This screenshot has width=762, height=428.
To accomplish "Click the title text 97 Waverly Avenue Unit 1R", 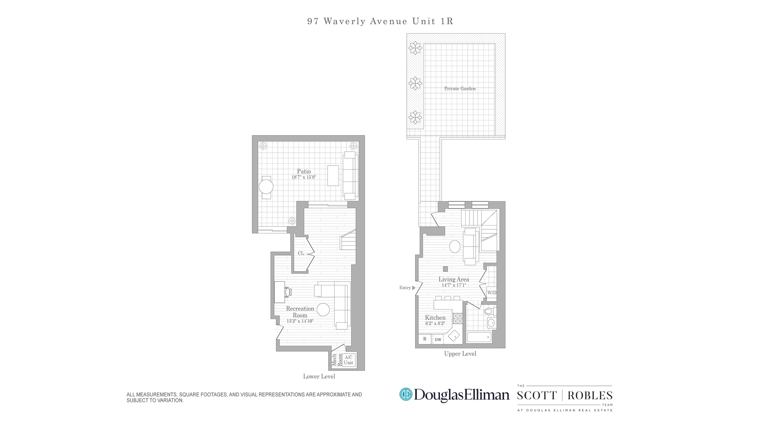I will pyautogui.click(x=380, y=21).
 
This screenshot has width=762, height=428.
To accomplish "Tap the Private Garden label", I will pyautogui.click(x=460, y=89).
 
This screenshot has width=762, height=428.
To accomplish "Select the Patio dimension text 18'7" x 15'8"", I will pyautogui.click(x=304, y=177).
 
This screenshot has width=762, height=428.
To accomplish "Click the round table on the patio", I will pyautogui.click(x=266, y=187).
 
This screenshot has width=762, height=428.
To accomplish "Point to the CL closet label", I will pyautogui.click(x=301, y=253).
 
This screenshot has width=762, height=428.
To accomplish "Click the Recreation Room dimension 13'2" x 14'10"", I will pyautogui.click(x=300, y=321).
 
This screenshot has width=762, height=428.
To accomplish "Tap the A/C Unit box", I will pyautogui.click(x=348, y=360).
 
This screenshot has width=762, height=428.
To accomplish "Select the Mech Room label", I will pyautogui.click(x=337, y=360).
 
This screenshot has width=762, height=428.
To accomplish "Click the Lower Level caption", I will pyautogui.click(x=319, y=376).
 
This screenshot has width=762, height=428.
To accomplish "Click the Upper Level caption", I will pyautogui.click(x=460, y=354).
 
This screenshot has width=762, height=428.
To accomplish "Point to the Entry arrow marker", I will pyautogui.click(x=414, y=288).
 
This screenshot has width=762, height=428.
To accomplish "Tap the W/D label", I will pyautogui.click(x=491, y=293).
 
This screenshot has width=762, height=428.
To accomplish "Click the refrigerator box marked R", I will pyautogui.click(x=425, y=339).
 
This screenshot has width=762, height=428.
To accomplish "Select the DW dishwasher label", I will pyautogui.click(x=438, y=340).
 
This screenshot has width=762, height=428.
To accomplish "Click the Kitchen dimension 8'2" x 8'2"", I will pyautogui.click(x=435, y=323).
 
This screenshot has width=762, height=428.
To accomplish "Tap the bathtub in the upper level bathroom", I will pyautogui.click(x=479, y=338).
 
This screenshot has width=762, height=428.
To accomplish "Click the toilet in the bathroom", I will pyautogui.click(x=489, y=311).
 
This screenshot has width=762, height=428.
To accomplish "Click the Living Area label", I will pyautogui.click(x=454, y=279).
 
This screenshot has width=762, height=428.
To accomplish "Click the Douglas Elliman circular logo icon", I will pyautogui.click(x=406, y=395).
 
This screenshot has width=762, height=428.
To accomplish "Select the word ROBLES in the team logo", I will pyautogui.click(x=590, y=396).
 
